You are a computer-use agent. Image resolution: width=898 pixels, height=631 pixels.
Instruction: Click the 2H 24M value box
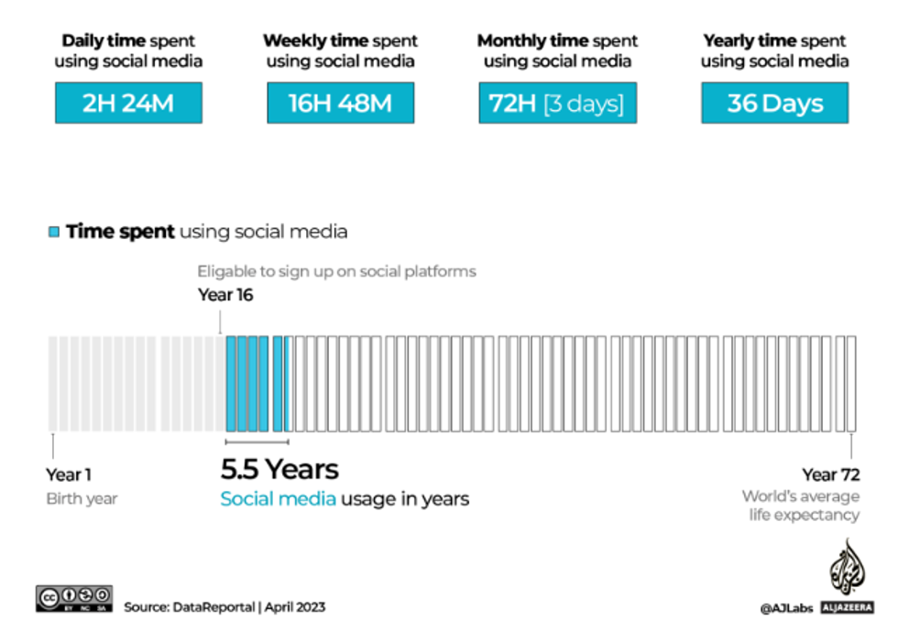click(127, 103)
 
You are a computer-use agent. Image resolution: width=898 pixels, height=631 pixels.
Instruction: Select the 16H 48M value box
click(340, 103)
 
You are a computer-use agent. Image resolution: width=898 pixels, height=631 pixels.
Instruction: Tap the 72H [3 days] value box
click(556, 103)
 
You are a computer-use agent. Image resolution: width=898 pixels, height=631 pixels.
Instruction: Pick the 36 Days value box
click(774, 103)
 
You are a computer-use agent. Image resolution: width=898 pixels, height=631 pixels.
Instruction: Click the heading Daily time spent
click(127, 41)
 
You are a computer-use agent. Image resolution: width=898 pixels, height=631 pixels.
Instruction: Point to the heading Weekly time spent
click(340, 41)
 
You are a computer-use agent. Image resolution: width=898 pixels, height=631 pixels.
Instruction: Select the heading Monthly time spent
click(557, 41)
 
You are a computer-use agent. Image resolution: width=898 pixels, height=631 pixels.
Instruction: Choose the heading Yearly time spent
click(774, 41)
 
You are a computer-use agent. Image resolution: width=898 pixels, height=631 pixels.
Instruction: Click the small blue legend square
click(54, 232)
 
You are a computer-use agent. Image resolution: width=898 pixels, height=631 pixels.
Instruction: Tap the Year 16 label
click(225, 295)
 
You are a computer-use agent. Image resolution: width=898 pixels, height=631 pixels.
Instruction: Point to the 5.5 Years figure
click(279, 470)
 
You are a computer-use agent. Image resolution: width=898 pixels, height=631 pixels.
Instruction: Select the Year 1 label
click(69, 475)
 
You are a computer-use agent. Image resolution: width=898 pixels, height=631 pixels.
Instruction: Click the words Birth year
click(82, 499)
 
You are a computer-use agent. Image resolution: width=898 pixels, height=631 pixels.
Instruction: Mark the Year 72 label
click(830, 474)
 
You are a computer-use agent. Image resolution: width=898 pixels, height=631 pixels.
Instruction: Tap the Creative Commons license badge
click(74, 598)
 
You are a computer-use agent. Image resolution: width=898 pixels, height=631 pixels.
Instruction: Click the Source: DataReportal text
click(224, 607)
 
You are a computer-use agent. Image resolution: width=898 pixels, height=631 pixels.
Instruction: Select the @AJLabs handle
click(786, 607)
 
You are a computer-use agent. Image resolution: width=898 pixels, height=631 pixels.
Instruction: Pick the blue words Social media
click(278, 499)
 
